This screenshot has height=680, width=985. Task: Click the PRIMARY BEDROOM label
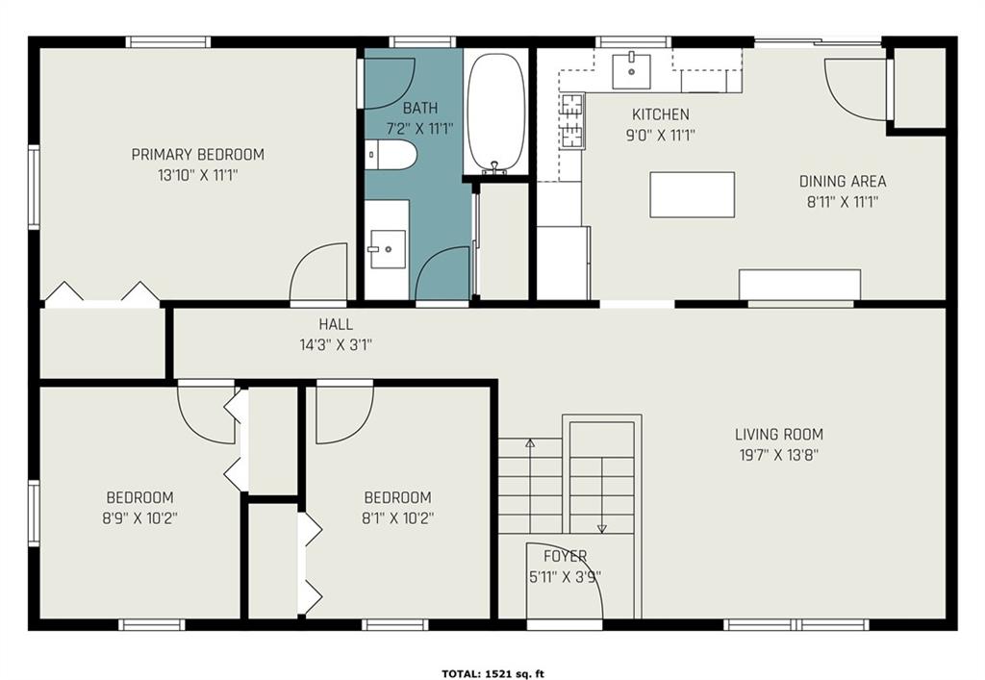point(197,154)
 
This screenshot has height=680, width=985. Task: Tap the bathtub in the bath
point(496,113)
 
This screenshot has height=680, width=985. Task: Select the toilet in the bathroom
point(391,155)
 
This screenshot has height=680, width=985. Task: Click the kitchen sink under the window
point(631,71)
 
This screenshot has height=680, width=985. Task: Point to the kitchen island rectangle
point(693,194)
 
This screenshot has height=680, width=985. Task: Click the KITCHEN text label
point(660,114)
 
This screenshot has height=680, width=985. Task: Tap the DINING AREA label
point(843,182)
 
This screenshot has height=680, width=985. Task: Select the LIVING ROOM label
point(779,434)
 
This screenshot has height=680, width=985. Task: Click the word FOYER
point(566,556)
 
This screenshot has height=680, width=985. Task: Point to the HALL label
point(336,324)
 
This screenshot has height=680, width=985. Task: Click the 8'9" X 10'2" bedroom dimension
point(140,518)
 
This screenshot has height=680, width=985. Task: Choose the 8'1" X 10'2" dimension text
point(397,518)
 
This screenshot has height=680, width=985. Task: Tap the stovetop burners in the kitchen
point(572,120)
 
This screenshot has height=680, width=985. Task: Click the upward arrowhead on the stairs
point(530,442)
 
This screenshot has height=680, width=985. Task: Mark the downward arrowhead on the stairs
point(602,529)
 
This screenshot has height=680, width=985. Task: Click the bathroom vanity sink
point(388,249)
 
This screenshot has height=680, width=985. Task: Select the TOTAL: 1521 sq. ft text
point(493,674)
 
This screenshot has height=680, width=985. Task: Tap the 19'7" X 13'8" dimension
point(779,455)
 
